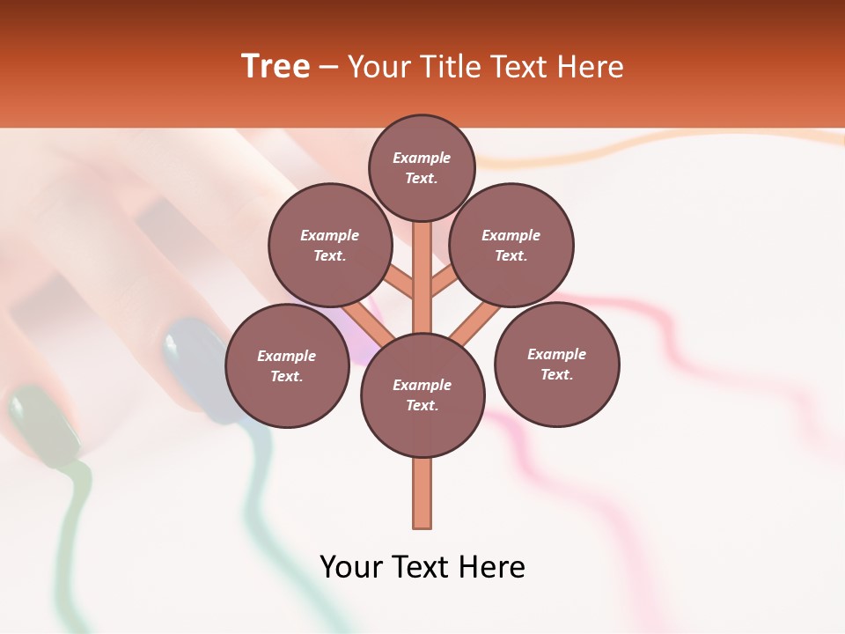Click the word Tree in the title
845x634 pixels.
coord(276,67)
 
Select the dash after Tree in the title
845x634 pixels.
coord(328,68)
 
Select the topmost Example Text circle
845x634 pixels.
coord(422,167)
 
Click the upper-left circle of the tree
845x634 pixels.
coord(329,245)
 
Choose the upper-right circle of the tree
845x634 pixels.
coord(511,245)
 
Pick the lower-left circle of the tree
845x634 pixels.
coord(287,365)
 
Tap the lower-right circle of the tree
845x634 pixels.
coord(556,364)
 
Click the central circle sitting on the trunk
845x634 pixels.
coord(422,394)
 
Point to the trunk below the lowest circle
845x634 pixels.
coord(422,493)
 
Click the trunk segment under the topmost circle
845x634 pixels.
coord(422,273)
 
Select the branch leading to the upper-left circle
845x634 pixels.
coord(399,283)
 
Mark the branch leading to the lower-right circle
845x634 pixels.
coord(475,323)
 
